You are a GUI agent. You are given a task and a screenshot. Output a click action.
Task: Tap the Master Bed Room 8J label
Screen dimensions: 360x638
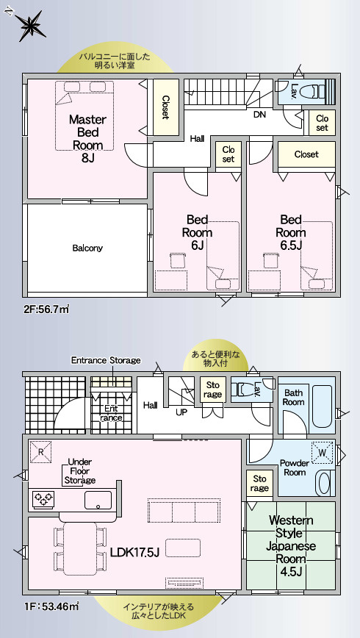coord(87,138)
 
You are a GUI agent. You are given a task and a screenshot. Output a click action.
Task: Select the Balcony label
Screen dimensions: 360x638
coord(87,248)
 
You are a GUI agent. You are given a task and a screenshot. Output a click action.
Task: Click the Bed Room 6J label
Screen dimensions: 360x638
coord(197,232)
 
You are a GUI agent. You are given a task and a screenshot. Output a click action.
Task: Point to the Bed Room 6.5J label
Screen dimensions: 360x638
coord(291,232)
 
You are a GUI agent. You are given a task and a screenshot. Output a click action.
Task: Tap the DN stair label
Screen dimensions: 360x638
coord(259,115)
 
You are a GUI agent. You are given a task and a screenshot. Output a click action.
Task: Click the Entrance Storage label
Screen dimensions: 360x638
coord(106,360)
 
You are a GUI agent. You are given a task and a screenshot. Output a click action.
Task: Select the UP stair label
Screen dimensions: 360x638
coord(181,412)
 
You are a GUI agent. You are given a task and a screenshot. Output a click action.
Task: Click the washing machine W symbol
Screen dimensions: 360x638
coord(323,453)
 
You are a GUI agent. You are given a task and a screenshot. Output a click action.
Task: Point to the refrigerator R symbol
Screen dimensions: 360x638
coord(41,452)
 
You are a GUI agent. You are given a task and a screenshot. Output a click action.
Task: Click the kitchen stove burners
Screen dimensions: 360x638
coord(44,499)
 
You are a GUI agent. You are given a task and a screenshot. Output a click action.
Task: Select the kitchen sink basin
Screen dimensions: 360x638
coord(98,500)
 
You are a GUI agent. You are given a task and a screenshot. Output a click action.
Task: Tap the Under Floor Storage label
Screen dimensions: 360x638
coord(80,471)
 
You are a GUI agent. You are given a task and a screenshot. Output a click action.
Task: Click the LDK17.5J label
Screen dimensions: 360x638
coord(134,552)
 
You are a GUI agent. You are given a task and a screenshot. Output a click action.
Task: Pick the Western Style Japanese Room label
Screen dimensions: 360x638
coord(291,546)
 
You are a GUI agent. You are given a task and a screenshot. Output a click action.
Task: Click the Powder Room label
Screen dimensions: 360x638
coord(295,467)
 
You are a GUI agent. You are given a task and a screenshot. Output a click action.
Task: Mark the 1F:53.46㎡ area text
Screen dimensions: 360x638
coord(51,606)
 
